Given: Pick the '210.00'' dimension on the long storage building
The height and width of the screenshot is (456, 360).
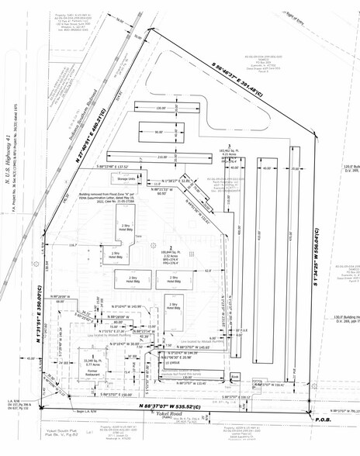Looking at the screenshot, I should [162, 156].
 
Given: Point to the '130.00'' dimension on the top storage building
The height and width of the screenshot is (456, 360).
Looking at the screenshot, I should [160, 108].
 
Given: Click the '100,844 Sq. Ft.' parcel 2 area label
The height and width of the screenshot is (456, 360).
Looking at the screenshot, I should [171, 252].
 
